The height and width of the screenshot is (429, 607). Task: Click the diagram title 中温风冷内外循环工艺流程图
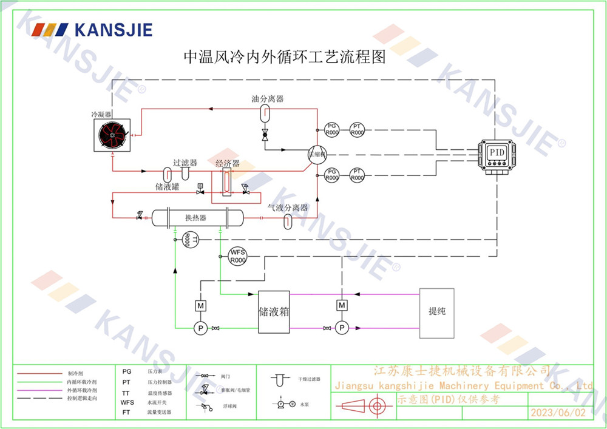point(285,58)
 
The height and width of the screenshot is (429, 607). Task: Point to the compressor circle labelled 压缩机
point(316,154)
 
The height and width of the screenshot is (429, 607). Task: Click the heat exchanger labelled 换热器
point(196,218)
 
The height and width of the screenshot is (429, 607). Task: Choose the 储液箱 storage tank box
point(274,312)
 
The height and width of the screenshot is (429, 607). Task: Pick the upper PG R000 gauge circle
point(331,129)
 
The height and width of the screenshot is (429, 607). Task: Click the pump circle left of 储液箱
point(200,328)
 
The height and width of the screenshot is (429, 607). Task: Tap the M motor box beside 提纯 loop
point(342,304)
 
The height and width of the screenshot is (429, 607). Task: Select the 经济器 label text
point(228,164)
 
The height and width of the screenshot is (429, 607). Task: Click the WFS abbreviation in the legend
point(127,402)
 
